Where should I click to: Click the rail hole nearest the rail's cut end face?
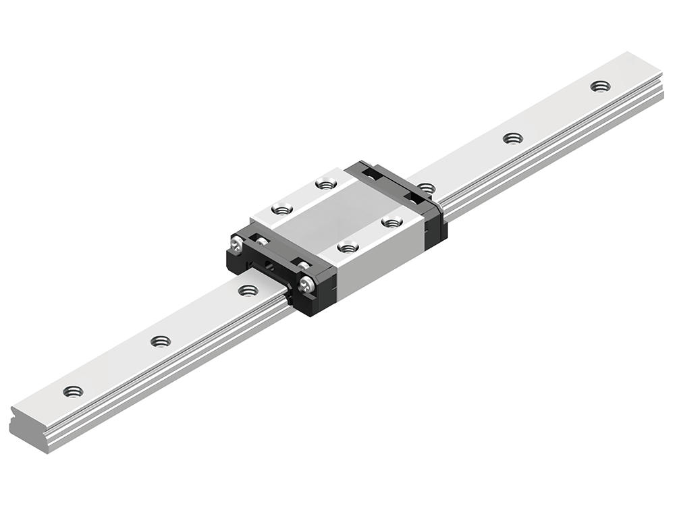pyautogui.click(x=73, y=391)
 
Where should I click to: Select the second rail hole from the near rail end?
pyautogui.click(x=161, y=341)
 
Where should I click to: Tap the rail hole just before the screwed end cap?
pyautogui.click(x=248, y=291)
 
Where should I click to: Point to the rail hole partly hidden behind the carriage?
pyautogui.click(x=426, y=187)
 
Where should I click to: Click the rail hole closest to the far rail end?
pyautogui.click(x=599, y=86)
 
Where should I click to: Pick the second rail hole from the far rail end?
pyautogui.click(x=513, y=138)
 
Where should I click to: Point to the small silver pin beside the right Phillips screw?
pyautogui.click(x=304, y=266)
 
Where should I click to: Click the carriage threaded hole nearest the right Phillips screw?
pyautogui.click(x=348, y=248)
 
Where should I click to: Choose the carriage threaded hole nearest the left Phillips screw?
pyautogui.click(x=280, y=209)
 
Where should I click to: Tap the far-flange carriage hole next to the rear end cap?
pyautogui.click(x=325, y=184)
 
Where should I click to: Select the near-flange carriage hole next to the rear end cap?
pyautogui.click(x=391, y=221)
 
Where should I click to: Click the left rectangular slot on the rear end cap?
pyautogui.click(x=371, y=175)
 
